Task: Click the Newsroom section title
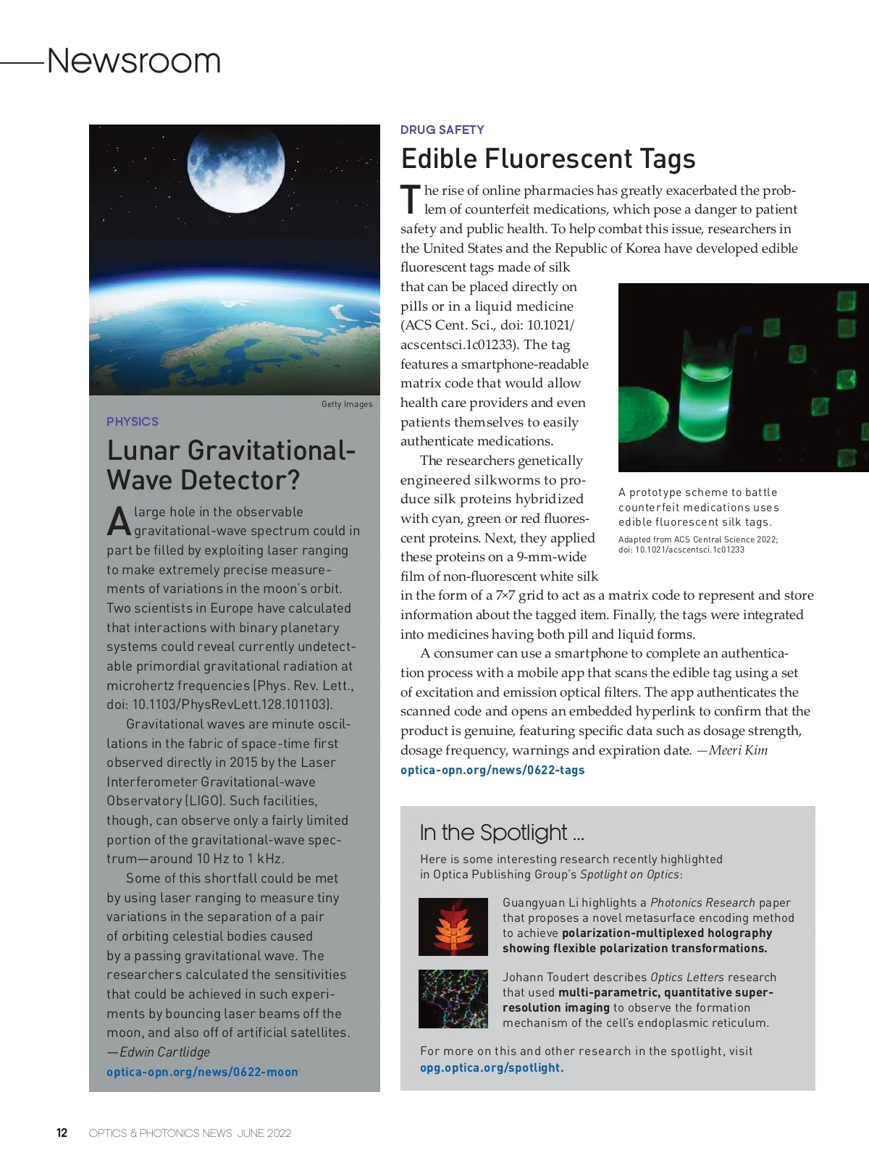(134, 61)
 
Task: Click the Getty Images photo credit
(347, 404)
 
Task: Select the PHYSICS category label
(133, 421)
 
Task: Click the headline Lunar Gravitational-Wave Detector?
(231, 465)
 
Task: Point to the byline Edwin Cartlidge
(164, 1052)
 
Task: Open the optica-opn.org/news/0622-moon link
(202, 1072)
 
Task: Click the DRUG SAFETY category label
(442, 130)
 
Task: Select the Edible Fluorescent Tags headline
(548, 159)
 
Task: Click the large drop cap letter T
(410, 200)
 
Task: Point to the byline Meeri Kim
(738, 750)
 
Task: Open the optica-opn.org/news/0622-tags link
(492, 770)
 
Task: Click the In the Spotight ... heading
(502, 833)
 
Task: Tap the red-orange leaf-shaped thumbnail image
(453, 926)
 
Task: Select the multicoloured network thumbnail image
(453, 999)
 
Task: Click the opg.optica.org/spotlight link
(492, 1067)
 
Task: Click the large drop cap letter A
(119, 521)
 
